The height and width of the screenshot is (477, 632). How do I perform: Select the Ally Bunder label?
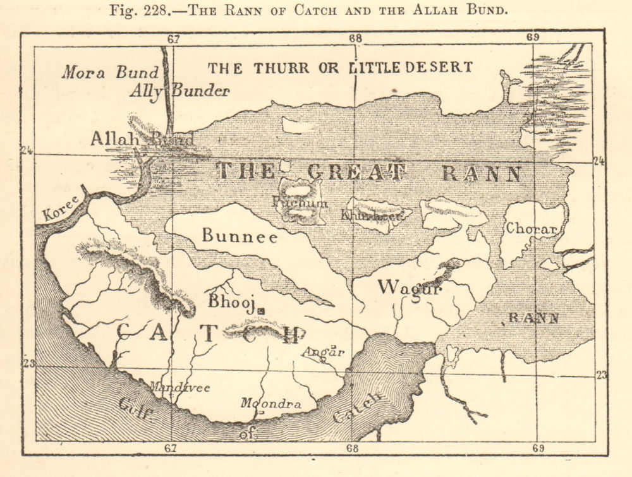point(179,91)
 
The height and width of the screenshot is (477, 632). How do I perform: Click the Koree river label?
point(62,208)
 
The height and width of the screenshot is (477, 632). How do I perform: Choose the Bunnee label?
point(240,236)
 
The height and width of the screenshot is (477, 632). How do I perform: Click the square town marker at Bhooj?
point(260,310)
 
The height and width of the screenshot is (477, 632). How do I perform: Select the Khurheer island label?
point(372,214)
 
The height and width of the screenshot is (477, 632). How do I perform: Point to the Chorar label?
point(531,229)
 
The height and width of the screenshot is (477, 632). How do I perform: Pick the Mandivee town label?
point(179,387)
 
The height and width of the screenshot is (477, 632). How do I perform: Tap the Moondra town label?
point(271,403)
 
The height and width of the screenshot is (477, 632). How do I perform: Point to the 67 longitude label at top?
point(173,39)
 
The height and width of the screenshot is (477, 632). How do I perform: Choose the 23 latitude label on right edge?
point(601,375)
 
